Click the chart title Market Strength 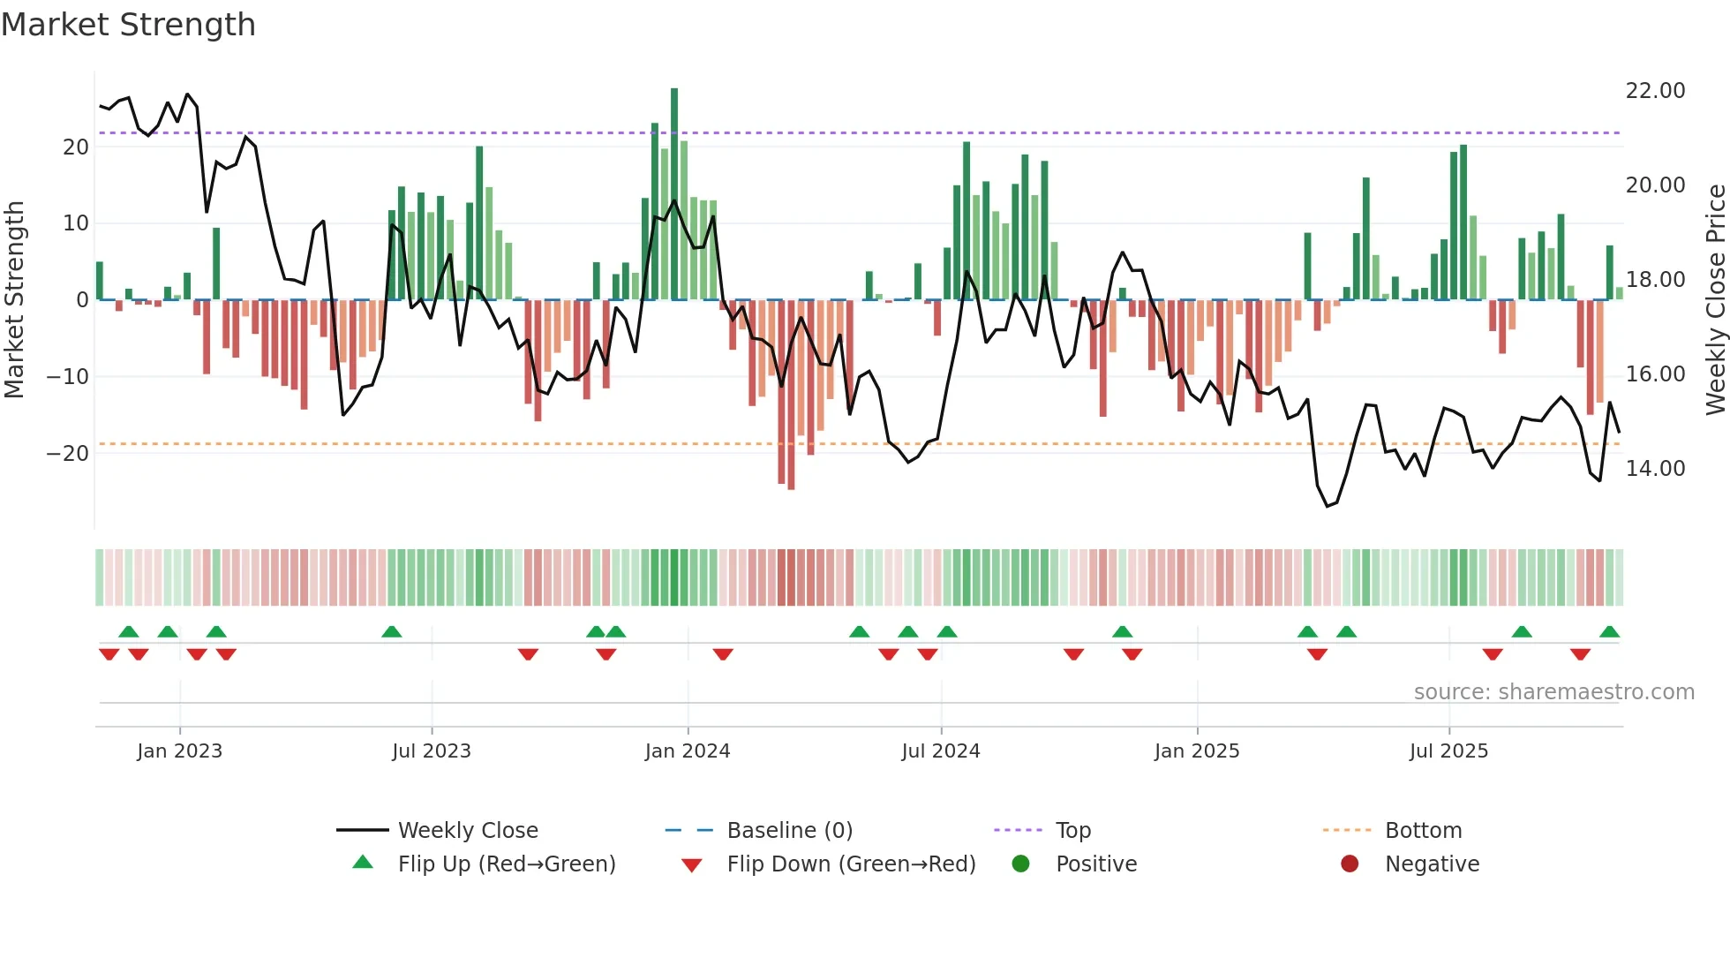[x=128, y=25]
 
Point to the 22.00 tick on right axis [x=1655, y=91]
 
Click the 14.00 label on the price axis [x=1655, y=469]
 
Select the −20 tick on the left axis [x=67, y=454]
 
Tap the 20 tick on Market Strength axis [x=76, y=147]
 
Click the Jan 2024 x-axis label [x=688, y=751]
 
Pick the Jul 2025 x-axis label [x=1448, y=751]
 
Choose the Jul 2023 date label [x=432, y=751]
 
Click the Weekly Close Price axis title [x=1715, y=300]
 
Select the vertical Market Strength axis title [x=14, y=300]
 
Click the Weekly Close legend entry [x=467, y=831]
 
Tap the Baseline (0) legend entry [x=789, y=831]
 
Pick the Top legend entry [x=1073, y=831]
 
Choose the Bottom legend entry [x=1423, y=831]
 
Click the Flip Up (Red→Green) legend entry [x=506, y=864]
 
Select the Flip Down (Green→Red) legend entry [x=851, y=864]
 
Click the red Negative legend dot [x=1350, y=864]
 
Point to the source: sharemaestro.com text [x=1553, y=692]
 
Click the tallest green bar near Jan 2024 [x=674, y=194]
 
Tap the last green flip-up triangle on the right [x=1609, y=632]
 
